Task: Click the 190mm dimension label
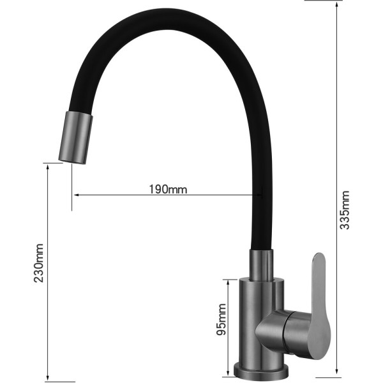168,189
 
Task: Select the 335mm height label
345,211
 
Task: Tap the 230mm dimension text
40,262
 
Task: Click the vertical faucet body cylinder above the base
255,313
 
